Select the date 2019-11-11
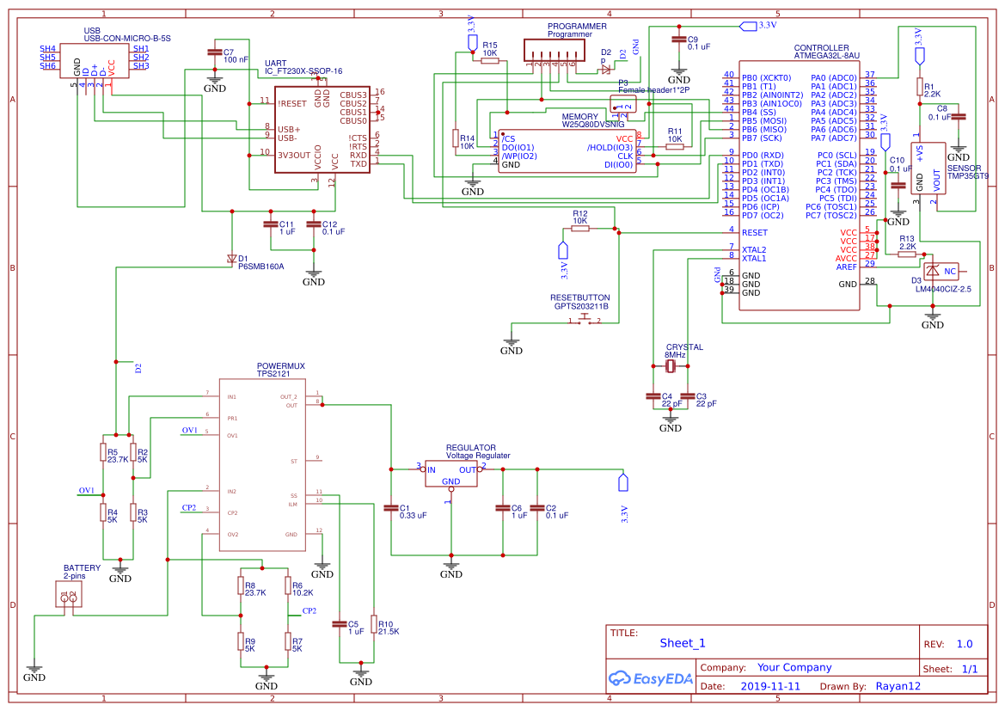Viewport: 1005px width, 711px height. pos(769,686)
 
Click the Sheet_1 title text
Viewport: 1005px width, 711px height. pos(683,643)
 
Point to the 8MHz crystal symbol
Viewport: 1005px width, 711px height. pos(673,367)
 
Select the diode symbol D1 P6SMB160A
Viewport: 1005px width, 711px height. pos(231,258)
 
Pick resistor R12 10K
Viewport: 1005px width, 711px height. pos(580,228)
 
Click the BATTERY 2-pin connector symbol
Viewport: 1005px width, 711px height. pos(69,595)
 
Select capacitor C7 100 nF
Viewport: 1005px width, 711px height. pos(215,53)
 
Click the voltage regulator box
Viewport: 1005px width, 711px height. pos(450,472)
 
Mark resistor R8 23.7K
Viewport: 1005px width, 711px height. pos(240,585)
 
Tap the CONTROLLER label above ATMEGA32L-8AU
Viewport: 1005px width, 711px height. pos(821,48)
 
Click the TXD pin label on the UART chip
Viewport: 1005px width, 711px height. pos(358,163)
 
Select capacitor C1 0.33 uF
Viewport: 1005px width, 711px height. pos(391,508)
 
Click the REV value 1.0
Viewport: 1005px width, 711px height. pos(964,644)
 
